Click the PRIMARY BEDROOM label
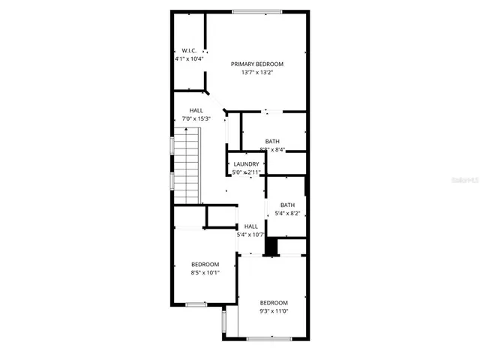256,64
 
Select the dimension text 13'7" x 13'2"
256,73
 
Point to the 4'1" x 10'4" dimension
188,58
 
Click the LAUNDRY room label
246,164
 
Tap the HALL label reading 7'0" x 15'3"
196,110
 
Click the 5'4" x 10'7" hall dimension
251,235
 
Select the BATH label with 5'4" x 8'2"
287,205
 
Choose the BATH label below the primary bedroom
272,141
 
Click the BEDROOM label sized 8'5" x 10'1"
205,264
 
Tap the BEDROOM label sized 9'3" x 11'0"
274,302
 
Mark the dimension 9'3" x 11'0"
274,310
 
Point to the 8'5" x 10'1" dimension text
205,272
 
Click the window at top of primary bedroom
256,11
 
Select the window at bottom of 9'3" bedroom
270,339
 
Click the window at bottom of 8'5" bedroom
196,304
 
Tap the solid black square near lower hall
272,246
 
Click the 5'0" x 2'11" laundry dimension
246,172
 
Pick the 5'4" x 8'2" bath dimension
287,214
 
